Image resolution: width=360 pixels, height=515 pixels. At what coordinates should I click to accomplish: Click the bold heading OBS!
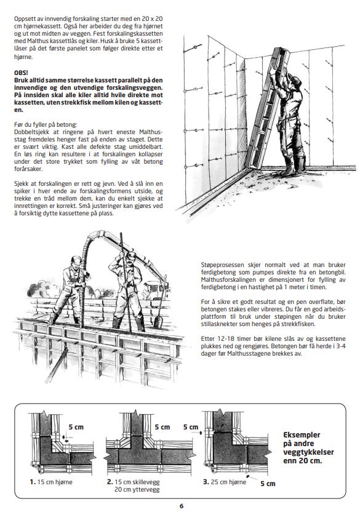tap(21, 73)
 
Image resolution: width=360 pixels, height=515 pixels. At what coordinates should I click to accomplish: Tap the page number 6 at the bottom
tap(182, 506)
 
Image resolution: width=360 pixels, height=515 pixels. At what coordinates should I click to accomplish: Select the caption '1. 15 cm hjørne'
tap(51, 482)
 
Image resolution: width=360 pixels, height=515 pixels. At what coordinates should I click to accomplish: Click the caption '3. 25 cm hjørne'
tap(225, 482)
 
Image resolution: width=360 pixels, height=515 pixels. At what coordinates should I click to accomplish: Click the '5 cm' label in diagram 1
tap(76, 427)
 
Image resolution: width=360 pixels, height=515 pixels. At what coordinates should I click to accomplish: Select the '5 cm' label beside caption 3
tap(268, 484)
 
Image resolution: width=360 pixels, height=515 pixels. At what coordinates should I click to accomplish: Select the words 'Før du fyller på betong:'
tap(46, 125)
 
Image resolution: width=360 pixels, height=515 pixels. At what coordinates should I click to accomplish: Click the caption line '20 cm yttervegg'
tap(137, 490)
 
